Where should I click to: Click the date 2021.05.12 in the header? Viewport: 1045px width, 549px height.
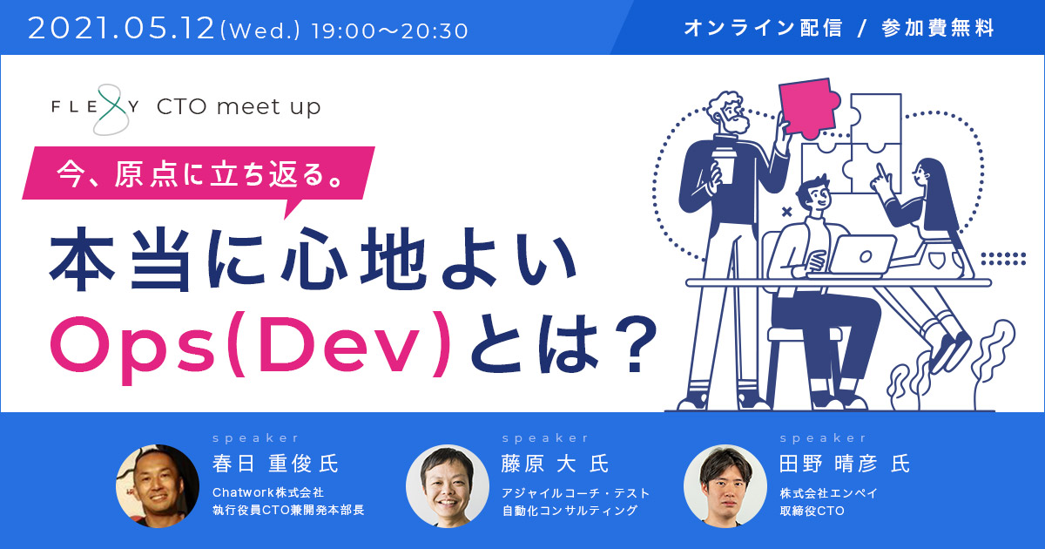click(x=121, y=29)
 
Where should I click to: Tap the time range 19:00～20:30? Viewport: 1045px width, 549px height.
click(x=389, y=31)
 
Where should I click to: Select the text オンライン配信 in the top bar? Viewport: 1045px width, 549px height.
click(x=763, y=28)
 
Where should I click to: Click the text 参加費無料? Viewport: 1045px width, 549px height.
click(x=938, y=28)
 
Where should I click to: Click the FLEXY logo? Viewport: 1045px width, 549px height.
click(x=96, y=109)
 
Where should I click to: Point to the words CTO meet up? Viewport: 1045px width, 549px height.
click(x=239, y=107)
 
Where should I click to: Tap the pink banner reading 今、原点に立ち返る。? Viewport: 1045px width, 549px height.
click(x=199, y=175)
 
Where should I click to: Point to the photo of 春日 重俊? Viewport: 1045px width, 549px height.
click(x=158, y=486)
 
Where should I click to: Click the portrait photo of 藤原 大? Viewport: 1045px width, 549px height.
click(x=448, y=486)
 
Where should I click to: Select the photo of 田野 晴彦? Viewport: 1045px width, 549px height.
click(x=725, y=486)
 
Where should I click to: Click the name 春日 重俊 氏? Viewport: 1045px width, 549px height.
click(x=275, y=464)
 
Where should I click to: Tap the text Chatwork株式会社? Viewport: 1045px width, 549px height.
click(x=268, y=492)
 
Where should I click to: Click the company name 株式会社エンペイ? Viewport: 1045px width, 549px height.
click(x=828, y=493)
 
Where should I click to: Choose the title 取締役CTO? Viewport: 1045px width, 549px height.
click(x=812, y=511)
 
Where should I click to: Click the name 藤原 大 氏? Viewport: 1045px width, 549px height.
click(x=556, y=464)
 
